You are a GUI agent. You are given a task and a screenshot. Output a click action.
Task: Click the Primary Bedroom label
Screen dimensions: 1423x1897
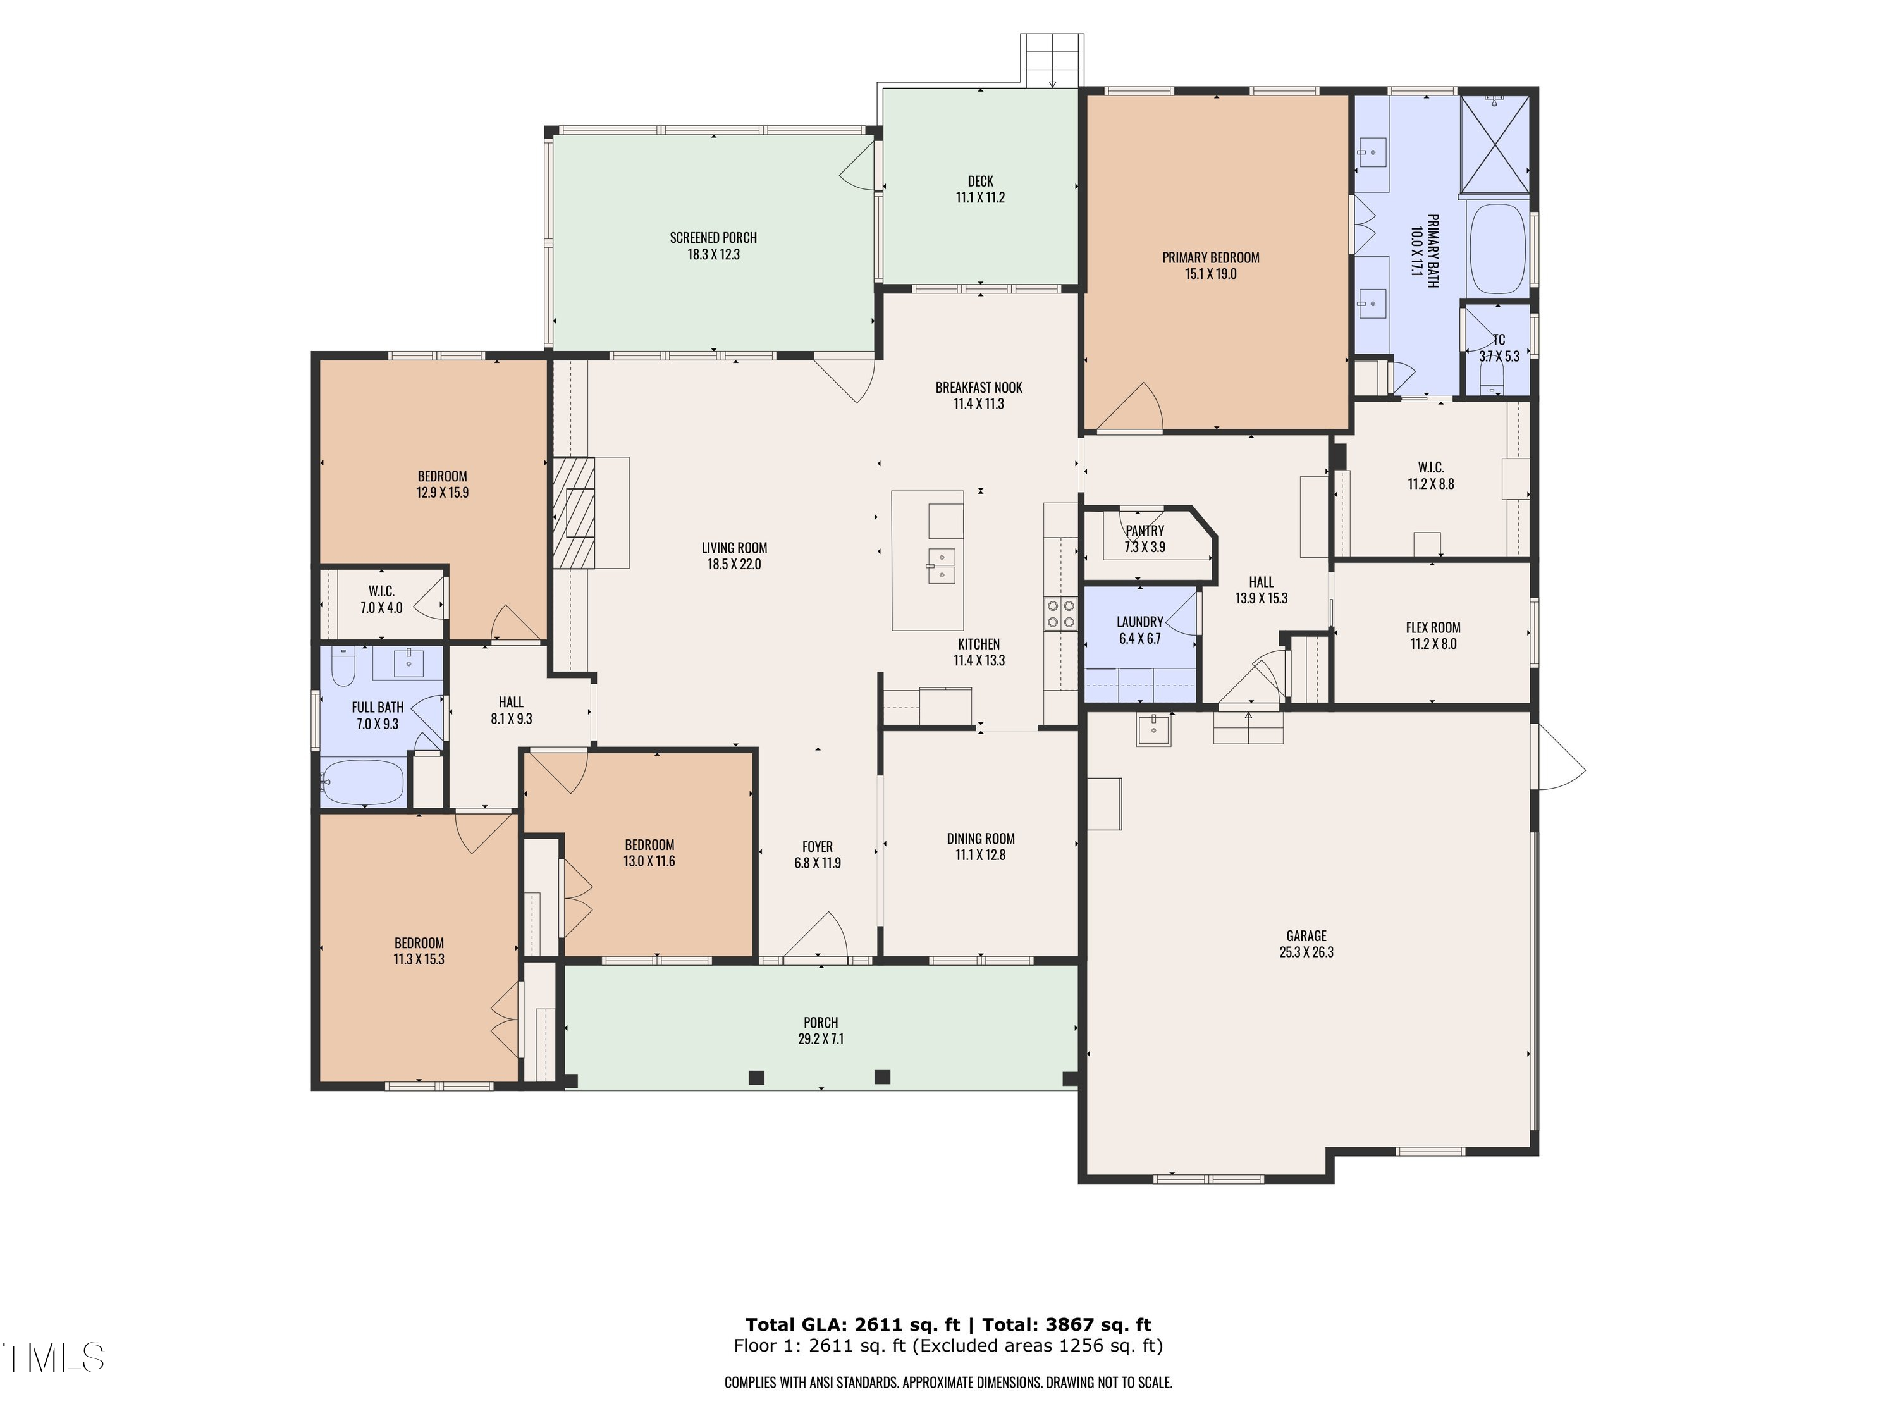click(x=1210, y=257)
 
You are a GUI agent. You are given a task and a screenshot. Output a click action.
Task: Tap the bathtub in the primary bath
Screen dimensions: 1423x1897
click(x=1497, y=248)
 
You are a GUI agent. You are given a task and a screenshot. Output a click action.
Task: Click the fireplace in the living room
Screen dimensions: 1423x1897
click(x=574, y=513)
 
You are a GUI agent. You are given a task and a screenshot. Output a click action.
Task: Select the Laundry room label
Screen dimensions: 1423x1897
click(x=1139, y=622)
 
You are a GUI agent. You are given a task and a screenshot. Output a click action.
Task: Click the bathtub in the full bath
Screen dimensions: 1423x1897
click(x=363, y=782)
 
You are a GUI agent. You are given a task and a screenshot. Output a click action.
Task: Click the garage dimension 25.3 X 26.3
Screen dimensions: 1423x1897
click(x=1306, y=952)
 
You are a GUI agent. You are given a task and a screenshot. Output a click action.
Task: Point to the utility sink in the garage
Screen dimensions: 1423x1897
click(x=1153, y=729)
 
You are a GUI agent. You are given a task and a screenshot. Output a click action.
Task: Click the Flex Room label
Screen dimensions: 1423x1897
click(x=1432, y=627)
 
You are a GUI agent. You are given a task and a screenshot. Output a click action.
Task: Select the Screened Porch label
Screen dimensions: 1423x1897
click(x=713, y=238)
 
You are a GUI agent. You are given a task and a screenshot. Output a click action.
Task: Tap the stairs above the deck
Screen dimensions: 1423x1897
click(x=1052, y=60)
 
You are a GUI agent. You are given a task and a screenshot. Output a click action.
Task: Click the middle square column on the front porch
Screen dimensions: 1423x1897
click(x=881, y=1077)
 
